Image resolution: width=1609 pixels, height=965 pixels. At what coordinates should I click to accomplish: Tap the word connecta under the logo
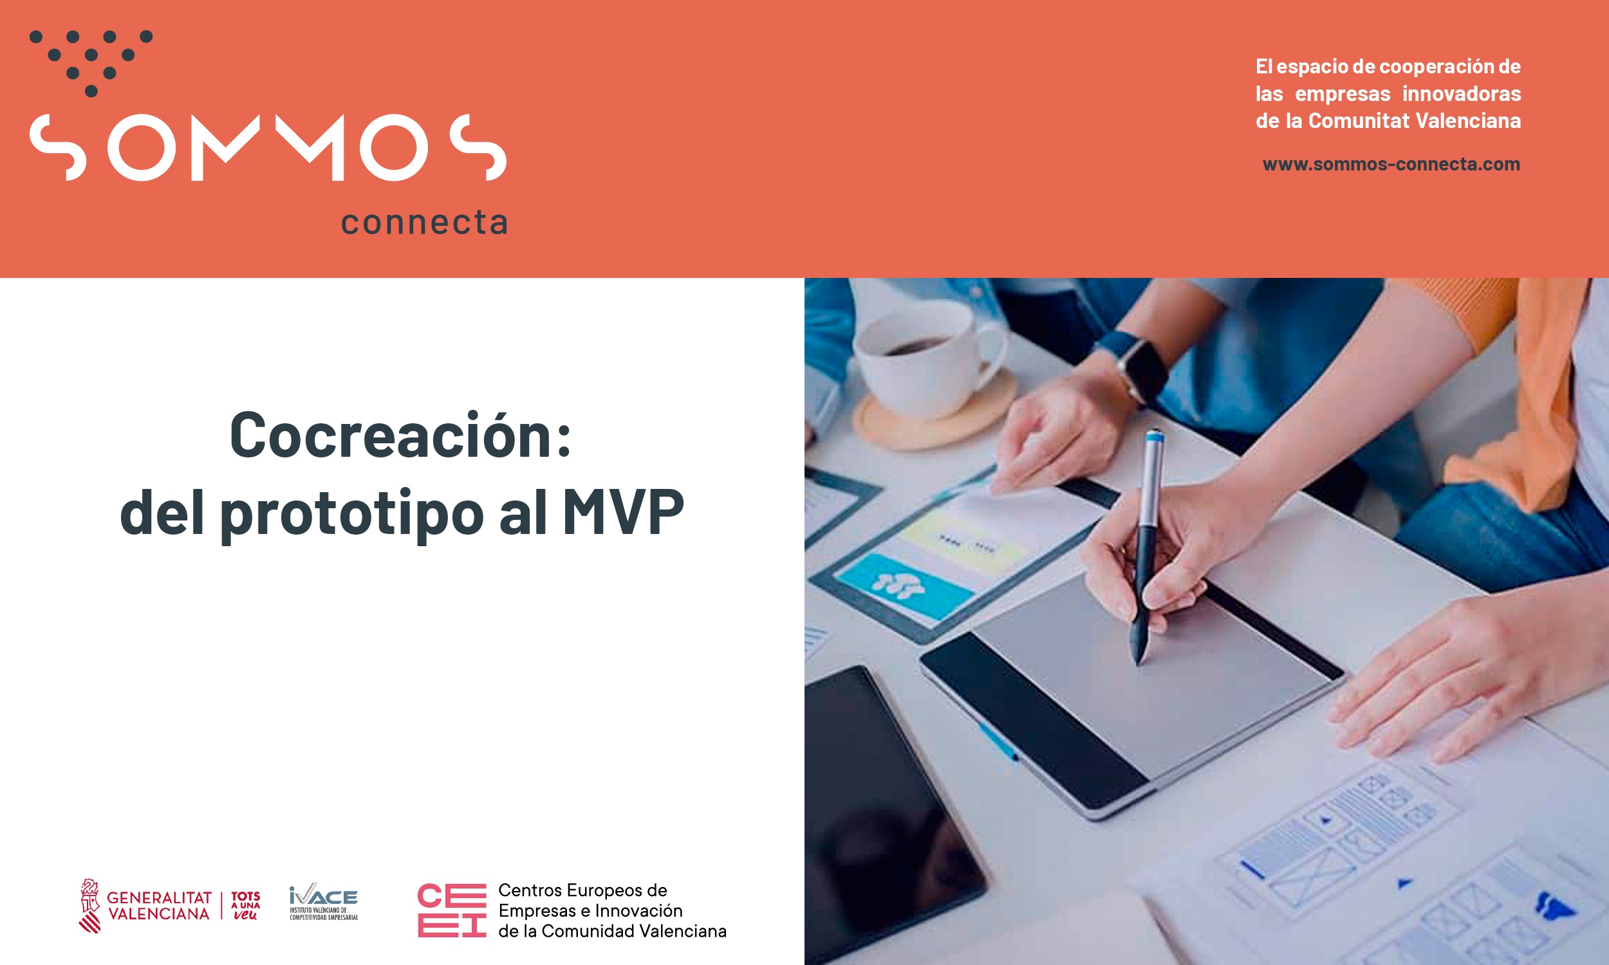(x=424, y=223)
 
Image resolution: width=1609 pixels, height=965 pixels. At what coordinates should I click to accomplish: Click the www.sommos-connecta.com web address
(x=1391, y=164)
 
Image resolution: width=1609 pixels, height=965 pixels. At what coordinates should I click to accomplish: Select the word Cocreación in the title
(x=400, y=435)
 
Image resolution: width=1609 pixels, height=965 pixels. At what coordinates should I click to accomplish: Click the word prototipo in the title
(x=352, y=515)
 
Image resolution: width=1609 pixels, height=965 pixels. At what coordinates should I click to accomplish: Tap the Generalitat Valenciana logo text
(x=159, y=906)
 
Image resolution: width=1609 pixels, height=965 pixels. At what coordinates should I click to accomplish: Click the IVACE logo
(x=323, y=902)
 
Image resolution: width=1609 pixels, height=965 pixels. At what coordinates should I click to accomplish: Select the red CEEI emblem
(x=451, y=910)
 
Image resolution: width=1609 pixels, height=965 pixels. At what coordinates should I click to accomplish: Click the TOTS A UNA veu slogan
(x=245, y=906)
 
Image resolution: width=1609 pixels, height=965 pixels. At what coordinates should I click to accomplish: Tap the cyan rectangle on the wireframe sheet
(x=904, y=585)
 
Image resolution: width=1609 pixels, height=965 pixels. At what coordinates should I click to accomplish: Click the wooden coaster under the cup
(x=936, y=416)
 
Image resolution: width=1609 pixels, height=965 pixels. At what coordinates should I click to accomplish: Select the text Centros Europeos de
(x=582, y=890)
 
